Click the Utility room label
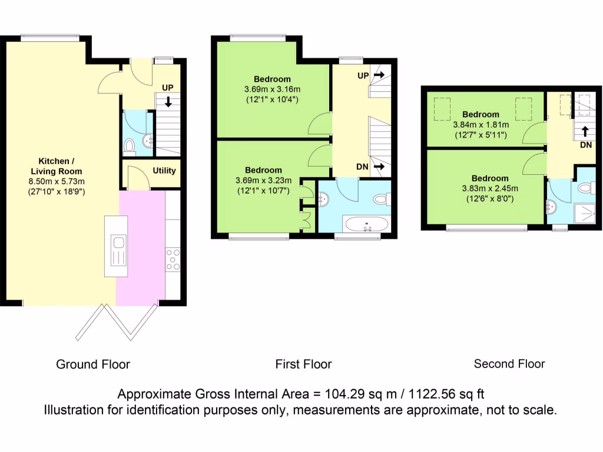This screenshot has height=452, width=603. point(164,171)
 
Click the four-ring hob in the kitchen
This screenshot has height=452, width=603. point(173,260)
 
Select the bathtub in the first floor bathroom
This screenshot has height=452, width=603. point(366,224)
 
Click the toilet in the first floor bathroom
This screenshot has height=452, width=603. point(382,199)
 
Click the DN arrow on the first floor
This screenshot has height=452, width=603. point(379,167)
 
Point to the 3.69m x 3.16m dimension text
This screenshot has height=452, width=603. point(272,89)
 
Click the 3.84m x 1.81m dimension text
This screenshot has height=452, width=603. point(481,125)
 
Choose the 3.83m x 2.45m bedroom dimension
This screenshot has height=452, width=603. point(489,188)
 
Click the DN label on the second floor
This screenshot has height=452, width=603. point(585,144)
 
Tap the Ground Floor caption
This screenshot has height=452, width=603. point(93,364)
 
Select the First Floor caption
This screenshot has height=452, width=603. point(303,364)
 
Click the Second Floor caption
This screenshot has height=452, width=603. point(509,364)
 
